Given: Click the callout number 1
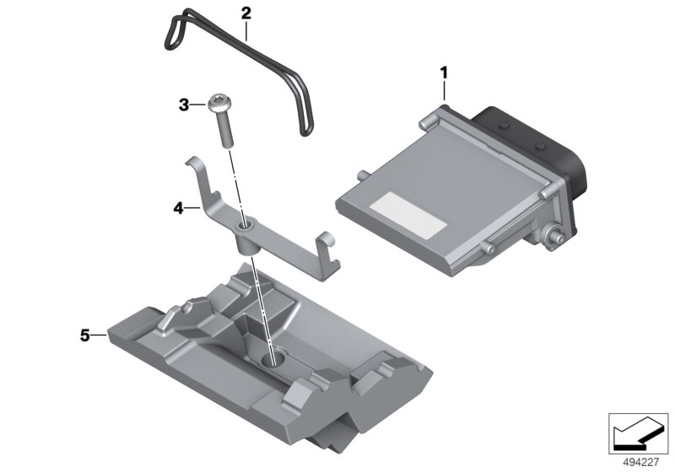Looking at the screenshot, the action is [444, 72].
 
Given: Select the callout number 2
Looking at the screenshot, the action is [246, 13].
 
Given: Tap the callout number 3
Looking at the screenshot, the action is [184, 105].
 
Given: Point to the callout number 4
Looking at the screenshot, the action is [178, 208].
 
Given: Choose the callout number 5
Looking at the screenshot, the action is [85, 335].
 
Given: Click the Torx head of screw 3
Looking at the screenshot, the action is [219, 102].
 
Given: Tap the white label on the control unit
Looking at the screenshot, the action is [408, 215].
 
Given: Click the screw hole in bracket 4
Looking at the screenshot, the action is [246, 225].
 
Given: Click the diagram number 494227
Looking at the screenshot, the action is [640, 462].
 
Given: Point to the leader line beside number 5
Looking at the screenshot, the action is [99, 335].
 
